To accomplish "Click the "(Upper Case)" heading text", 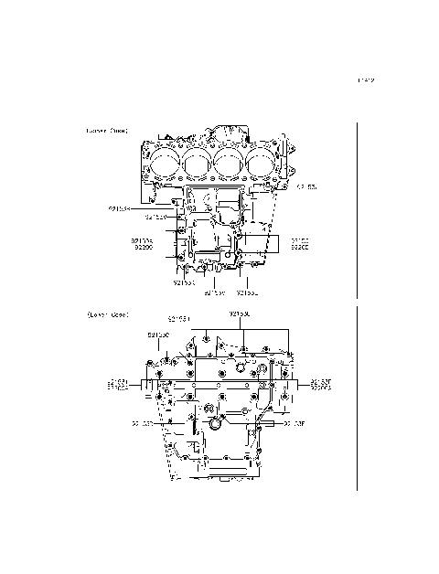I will pos(107,131).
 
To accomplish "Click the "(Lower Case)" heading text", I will pos(107,314).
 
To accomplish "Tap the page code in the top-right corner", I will pos(367,80).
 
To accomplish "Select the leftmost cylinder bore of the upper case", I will pos(165,165).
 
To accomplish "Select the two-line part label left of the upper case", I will pos(142,244).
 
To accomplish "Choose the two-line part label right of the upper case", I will pos(300,244).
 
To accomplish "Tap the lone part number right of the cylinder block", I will pos(305,187).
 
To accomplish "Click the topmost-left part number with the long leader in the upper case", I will pos(120,208).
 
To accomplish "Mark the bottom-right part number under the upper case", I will pos(247,293).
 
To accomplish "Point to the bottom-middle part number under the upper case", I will pos(214,293).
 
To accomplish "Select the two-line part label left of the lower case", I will pos(118,384).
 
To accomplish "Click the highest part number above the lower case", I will pos(239,314).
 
